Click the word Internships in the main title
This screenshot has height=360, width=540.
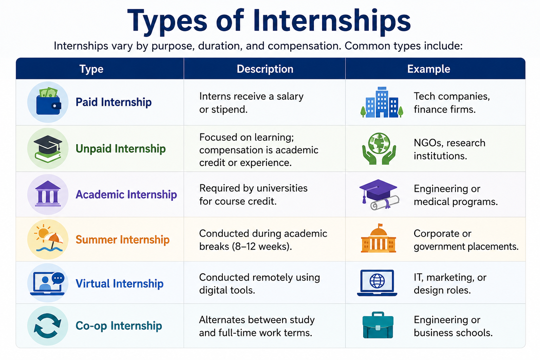tap(332, 22)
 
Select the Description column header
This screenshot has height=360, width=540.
tap(265, 69)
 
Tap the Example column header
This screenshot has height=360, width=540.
tap(429, 69)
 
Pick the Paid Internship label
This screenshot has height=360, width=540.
tap(114, 102)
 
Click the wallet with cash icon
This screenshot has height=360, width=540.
tap(48, 101)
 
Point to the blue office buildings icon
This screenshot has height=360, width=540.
tap(381, 102)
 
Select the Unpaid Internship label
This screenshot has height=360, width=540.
tap(121, 148)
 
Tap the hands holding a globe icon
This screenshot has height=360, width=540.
tap(379, 148)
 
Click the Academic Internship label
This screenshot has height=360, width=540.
tap(126, 194)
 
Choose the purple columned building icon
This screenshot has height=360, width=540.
tap(48, 194)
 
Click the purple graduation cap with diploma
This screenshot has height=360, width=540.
tap(379, 194)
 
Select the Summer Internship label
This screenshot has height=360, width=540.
tap(122, 239)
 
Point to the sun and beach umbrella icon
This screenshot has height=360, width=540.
tap(48, 238)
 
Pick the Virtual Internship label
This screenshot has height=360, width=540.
tap(119, 284)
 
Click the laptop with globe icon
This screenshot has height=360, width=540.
tap(377, 283)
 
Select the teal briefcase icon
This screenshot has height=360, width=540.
tap(378, 325)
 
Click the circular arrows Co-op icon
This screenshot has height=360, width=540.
tap(48, 326)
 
